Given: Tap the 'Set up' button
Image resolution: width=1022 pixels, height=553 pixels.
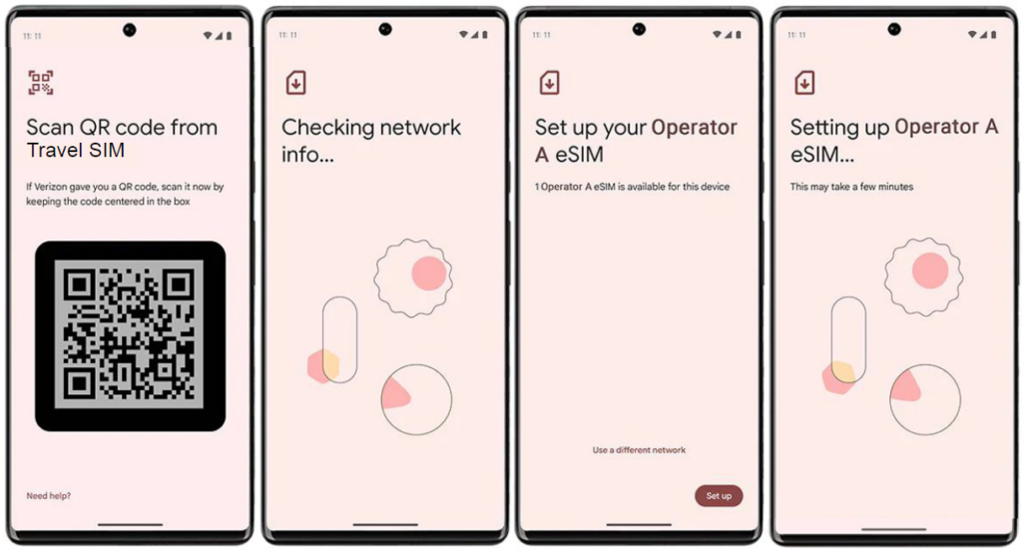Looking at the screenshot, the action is [719, 496].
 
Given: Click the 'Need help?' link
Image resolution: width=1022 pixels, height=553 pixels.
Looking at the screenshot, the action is [48, 496].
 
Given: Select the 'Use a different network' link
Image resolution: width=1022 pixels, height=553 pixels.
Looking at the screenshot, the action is [639, 450].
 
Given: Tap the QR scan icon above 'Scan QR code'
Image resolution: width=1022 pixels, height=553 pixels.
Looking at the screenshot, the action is [40, 83].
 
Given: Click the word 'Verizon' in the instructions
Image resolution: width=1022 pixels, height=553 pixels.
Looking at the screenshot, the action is [50, 187].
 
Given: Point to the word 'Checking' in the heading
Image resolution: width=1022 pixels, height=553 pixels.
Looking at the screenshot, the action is [327, 128].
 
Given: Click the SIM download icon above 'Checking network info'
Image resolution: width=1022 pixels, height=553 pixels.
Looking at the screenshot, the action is [295, 83].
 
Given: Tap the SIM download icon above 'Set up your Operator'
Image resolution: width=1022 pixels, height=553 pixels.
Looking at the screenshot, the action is [550, 83].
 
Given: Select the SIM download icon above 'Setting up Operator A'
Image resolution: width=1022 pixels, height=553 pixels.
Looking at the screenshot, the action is [804, 83].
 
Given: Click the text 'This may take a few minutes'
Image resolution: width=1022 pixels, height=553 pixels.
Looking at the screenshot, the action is [851, 187].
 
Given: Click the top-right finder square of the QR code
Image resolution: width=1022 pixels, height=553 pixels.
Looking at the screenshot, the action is [179, 284].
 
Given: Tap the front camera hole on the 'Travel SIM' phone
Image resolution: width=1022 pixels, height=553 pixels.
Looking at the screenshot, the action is [130, 29].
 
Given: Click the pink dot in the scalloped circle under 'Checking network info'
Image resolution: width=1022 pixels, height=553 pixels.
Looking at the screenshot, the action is [429, 274].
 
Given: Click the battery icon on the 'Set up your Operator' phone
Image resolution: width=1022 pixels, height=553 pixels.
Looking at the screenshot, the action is [739, 35].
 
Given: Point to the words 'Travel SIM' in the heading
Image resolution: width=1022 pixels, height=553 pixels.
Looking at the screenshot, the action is [76, 150].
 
